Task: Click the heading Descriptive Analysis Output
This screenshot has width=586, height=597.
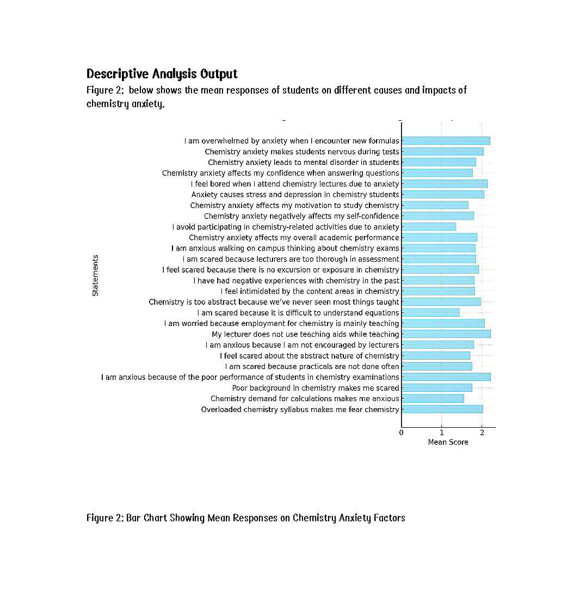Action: tap(162, 73)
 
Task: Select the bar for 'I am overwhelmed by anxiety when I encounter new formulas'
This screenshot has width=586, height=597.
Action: tap(446, 141)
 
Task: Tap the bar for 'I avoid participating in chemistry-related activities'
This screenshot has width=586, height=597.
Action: tap(429, 227)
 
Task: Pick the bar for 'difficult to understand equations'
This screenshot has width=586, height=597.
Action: tap(430, 313)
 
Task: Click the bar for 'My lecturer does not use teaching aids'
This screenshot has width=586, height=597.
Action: tap(446, 334)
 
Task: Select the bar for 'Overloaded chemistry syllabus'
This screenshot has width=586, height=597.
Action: tap(442, 409)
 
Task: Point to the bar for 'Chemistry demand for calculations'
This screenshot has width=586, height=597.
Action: tap(433, 399)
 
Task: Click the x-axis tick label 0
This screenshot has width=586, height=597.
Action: tap(402, 433)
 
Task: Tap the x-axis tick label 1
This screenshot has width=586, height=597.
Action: tap(441, 433)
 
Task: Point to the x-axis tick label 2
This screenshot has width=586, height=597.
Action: tap(482, 433)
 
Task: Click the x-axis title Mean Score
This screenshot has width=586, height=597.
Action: tap(448, 442)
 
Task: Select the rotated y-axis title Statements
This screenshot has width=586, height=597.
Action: tap(96, 275)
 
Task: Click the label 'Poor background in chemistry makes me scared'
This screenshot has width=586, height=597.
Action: tap(316, 388)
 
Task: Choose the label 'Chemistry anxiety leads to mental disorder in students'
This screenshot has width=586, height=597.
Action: tap(303, 162)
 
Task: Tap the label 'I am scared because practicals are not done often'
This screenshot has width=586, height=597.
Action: tap(312, 366)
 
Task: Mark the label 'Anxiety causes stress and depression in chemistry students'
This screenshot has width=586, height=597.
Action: tap(295, 194)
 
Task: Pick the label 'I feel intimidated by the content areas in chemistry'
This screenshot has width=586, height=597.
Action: tap(310, 291)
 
